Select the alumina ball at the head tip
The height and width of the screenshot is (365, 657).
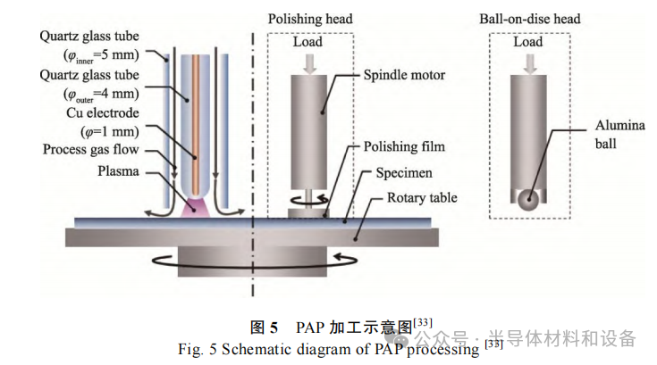(x=528, y=201)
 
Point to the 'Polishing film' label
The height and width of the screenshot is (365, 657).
(x=404, y=146)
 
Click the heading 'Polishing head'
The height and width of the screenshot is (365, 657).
(x=310, y=19)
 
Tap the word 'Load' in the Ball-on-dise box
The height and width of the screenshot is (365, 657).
(x=528, y=42)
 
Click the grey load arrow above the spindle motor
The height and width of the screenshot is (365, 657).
(x=308, y=60)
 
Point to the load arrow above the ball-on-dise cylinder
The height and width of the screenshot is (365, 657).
(x=528, y=60)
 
